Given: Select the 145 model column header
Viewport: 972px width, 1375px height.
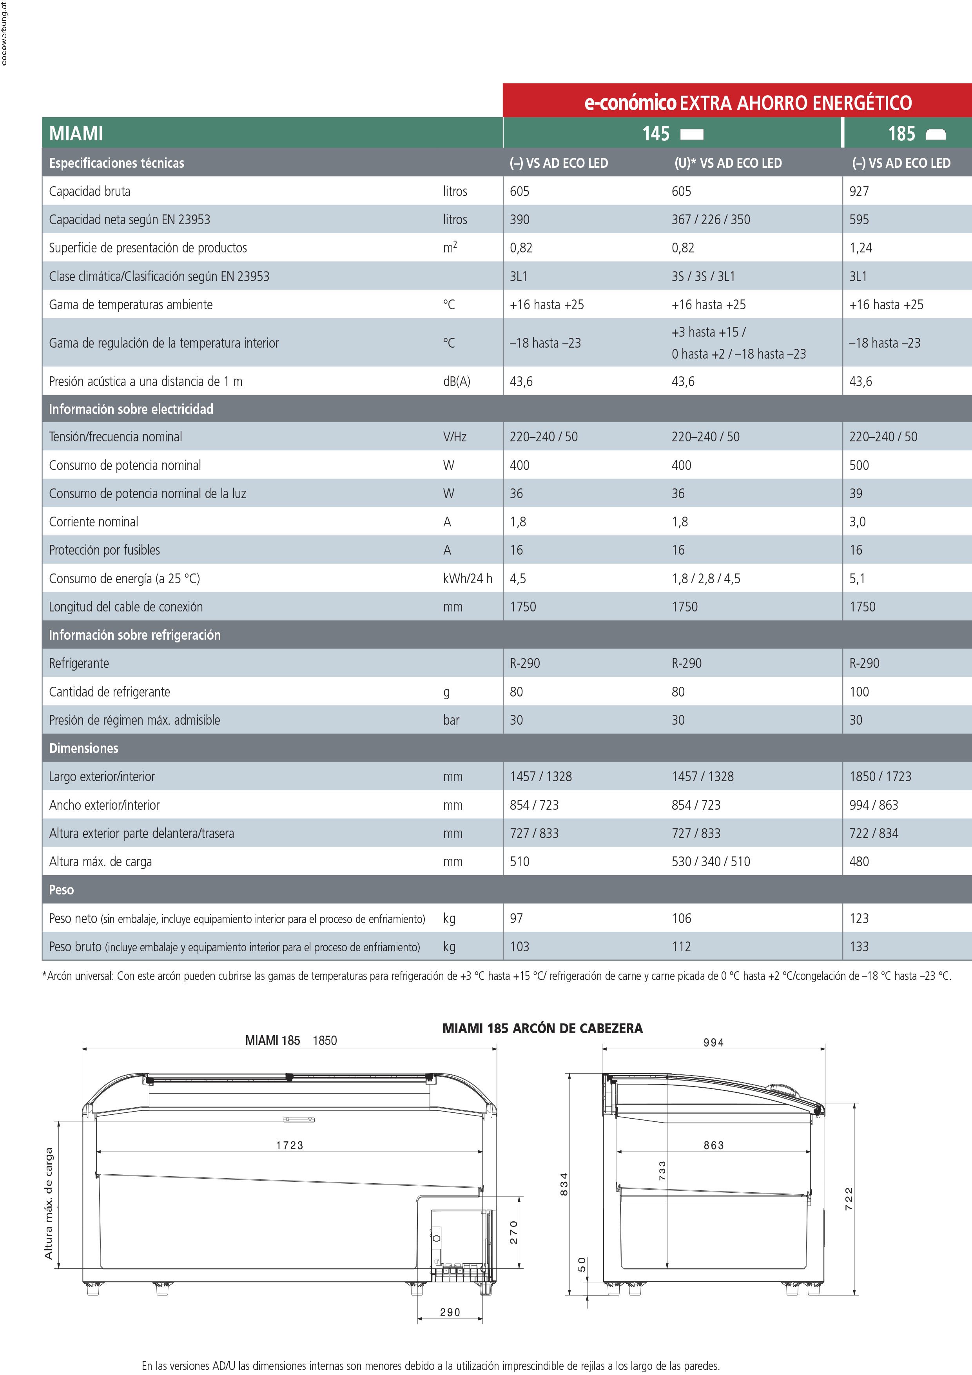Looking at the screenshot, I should (x=656, y=134).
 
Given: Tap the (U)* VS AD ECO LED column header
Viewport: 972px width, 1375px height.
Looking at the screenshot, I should (x=728, y=163).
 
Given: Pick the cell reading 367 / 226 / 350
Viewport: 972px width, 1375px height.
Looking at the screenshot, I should (x=710, y=220).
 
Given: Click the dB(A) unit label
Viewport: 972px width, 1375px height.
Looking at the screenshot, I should (x=456, y=381).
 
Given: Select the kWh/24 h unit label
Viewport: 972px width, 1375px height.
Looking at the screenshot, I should (x=467, y=579).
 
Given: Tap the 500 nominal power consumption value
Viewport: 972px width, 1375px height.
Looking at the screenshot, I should (x=859, y=465).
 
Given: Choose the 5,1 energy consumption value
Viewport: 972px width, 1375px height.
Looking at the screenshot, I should (x=857, y=579).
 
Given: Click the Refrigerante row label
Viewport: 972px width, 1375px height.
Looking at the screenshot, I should (x=79, y=664).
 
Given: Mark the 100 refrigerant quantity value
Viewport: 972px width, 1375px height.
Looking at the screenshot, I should (x=859, y=692).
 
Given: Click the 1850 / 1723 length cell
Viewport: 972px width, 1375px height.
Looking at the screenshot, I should (x=880, y=777).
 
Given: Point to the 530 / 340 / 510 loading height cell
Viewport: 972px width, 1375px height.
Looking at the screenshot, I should (x=710, y=862).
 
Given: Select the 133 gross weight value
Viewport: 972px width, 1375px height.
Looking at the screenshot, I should (x=859, y=947).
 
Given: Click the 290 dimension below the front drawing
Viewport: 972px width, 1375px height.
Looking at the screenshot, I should (x=450, y=1313).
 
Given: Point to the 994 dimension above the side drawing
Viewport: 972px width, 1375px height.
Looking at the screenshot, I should (x=713, y=1043).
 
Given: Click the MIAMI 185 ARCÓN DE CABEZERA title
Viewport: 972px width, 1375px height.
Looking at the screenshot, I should (x=542, y=1028).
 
